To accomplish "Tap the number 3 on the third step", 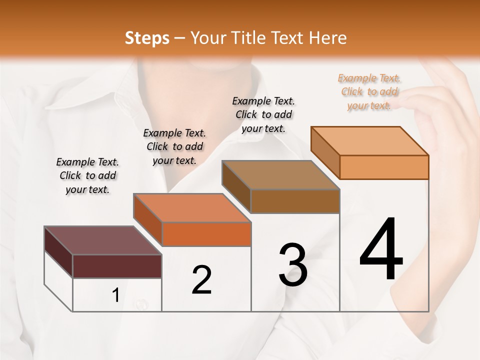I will [x=293, y=265].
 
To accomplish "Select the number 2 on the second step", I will [x=201, y=280].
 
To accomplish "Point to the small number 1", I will [x=116, y=296].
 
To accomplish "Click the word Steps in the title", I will [x=147, y=38].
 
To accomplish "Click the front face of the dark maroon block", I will [x=117, y=266].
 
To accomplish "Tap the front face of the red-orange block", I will [x=206, y=234].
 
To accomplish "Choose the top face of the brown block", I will [x=280, y=175].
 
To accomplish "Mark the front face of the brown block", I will [x=295, y=201].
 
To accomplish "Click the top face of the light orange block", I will [x=370, y=141].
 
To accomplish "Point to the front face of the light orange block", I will [x=384, y=167].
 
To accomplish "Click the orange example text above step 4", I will [x=369, y=91].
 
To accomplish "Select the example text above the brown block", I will [x=263, y=114].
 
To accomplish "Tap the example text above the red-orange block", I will [x=174, y=146].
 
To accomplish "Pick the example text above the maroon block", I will [x=87, y=175].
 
